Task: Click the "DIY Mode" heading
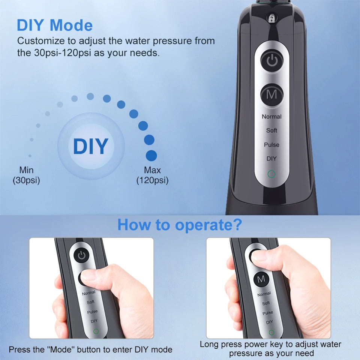(x=55, y=25)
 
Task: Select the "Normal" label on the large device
(x=271, y=117)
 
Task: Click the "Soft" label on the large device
(x=271, y=130)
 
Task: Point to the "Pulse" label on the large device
(x=271, y=145)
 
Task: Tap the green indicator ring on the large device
(x=271, y=174)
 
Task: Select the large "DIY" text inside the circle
(x=91, y=146)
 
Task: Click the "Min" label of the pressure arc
(x=26, y=170)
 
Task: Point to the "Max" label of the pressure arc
(x=152, y=170)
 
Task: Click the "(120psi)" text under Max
(x=152, y=180)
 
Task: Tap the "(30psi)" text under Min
(x=26, y=180)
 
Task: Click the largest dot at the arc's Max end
(x=151, y=156)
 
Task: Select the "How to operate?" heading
(x=180, y=225)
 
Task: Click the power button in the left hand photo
(x=82, y=256)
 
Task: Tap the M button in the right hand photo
(x=261, y=279)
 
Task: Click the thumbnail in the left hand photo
(x=90, y=277)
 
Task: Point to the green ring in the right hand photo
(x=271, y=332)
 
